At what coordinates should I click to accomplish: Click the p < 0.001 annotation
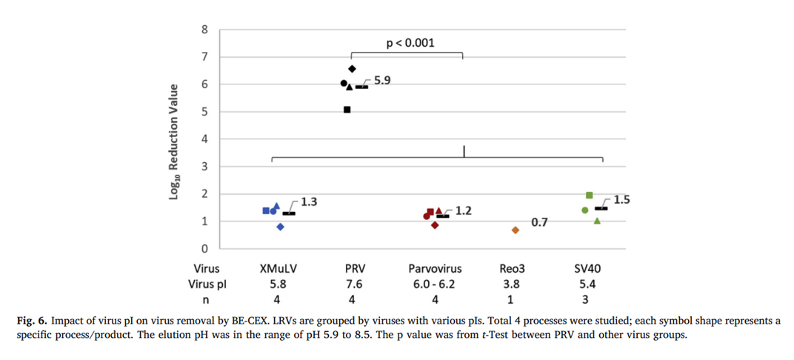410,44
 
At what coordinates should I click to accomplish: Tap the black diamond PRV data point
353,69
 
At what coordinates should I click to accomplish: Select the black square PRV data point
347,110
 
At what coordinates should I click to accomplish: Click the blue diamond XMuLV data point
281,227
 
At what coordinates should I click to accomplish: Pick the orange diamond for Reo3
516,230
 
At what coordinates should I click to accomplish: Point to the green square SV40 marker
589,195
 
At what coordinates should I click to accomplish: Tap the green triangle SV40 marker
597,221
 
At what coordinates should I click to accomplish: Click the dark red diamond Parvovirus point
435,225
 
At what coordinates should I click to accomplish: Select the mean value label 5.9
382,80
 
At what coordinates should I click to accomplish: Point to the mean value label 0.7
539,222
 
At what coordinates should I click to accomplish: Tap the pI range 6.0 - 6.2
435,284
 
